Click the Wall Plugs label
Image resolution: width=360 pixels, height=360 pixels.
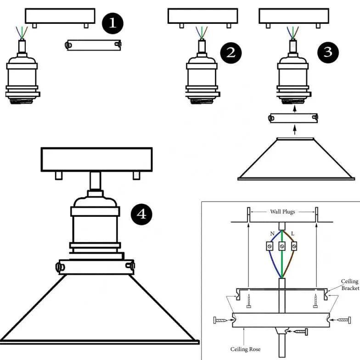pyautogui.click(x=282, y=212)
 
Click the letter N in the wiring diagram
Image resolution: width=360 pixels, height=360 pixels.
pyautogui.click(x=272, y=234)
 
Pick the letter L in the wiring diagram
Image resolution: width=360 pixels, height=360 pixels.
pyautogui.click(x=293, y=234)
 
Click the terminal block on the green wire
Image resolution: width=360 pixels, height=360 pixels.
pyautogui.click(x=282, y=246)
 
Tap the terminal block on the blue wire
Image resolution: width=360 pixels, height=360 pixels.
pyautogui.click(x=270, y=246)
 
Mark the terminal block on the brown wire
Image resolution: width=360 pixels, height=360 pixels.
pyautogui.click(x=294, y=246)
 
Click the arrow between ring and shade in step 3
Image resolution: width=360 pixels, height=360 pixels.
pyautogui.click(x=294, y=129)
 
